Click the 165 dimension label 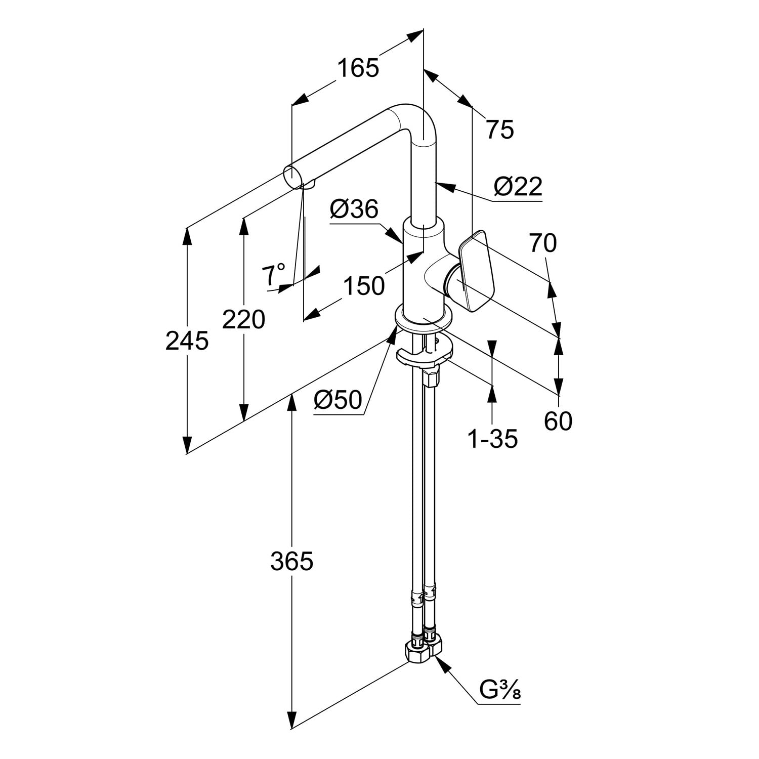click(x=358, y=68)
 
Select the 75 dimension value click(x=500, y=130)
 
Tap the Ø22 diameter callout click(x=518, y=187)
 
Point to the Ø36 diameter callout click(x=354, y=208)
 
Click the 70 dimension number click(x=543, y=243)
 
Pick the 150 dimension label click(x=363, y=286)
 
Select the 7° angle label click(x=273, y=275)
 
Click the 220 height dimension click(x=244, y=320)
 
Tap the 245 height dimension click(x=187, y=341)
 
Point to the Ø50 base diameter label click(x=338, y=400)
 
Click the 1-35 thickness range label click(x=492, y=439)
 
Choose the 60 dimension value click(x=558, y=421)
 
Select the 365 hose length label click(x=291, y=561)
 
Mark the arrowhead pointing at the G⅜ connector click(x=441, y=663)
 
